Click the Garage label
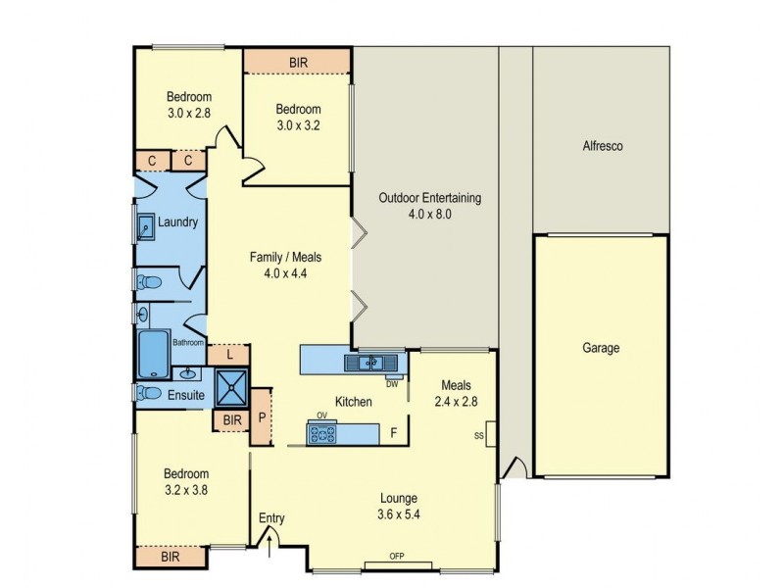(x=601, y=348)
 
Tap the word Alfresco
(x=600, y=146)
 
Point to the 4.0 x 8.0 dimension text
(x=429, y=214)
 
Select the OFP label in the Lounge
(x=397, y=558)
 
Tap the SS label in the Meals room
(x=478, y=435)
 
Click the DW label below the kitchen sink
(x=391, y=384)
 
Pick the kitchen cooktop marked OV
(x=323, y=432)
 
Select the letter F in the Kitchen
(x=393, y=432)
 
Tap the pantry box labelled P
(x=262, y=416)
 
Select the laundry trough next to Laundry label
(x=143, y=225)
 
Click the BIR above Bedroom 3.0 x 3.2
(x=298, y=62)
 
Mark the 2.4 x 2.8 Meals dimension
(x=457, y=400)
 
